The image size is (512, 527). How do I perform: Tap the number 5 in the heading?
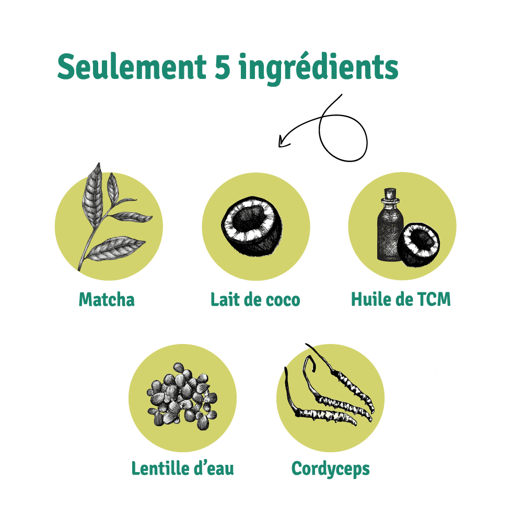pos(223,67)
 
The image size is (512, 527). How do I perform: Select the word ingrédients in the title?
pos(319,69)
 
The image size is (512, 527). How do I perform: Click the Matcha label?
pos(107,299)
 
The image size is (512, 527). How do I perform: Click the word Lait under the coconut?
pos(225,299)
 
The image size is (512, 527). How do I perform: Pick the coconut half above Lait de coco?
pos(252,226)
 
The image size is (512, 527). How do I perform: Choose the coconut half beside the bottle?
pos(418,244)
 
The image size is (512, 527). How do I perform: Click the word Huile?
pos(371,299)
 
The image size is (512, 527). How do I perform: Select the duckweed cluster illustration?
pos(182,397)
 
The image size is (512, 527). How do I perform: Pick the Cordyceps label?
pos(331,469)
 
